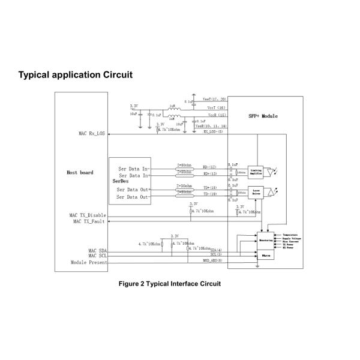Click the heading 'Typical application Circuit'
click(x=75, y=75)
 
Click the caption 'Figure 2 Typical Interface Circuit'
click(x=170, y=283)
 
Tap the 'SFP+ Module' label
click(x=263, y=115)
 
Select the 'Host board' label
click(x=80, y=173)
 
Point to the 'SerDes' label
click(x=121, y=180)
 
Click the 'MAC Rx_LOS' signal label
click(x=88, y=133)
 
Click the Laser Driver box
click(x=256, y=192)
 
